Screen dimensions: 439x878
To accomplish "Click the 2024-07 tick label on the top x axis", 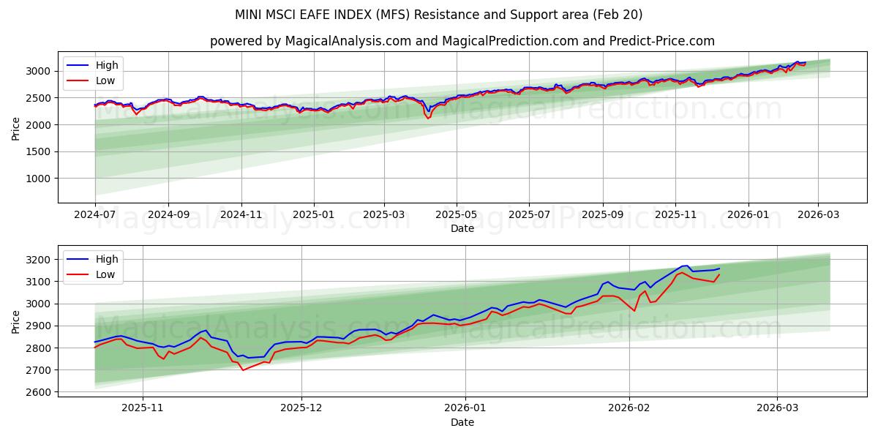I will point(95,215).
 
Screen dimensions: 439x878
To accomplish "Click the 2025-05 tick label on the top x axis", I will point(457,215).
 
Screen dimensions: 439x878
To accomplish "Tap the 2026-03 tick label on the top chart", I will point(818,215).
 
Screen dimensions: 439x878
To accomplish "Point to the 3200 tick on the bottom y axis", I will point(37,260).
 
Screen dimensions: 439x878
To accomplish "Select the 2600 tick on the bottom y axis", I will point(37,392).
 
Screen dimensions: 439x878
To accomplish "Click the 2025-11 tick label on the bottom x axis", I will point(143,408).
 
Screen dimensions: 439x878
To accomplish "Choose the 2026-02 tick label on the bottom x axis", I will point(630,408).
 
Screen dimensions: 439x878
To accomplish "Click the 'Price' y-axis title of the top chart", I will point(16,128).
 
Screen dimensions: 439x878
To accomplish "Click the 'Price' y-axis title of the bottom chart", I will point(16,321).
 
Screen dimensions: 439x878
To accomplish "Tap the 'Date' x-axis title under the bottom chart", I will point(462,422).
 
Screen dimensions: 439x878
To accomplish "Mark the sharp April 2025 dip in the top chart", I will point(428,117).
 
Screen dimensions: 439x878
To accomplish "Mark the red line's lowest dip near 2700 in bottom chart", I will point(243,369).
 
